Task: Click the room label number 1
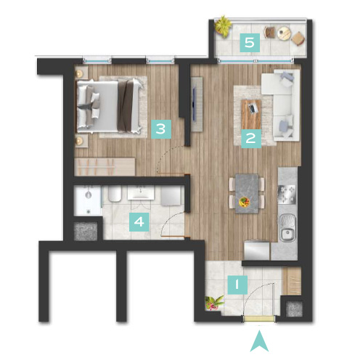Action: point(237,285)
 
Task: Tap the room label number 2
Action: point(251,139)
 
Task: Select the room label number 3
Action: point(161,129)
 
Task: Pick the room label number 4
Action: point(139,222)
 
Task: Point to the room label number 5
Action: point(250,43)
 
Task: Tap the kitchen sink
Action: point(287,227)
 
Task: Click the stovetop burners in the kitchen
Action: point(287,194)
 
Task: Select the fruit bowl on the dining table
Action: point(244,202)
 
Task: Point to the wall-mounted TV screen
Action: point(194,105)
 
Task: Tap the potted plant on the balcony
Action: point(223,26)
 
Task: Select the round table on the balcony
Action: point(284,33)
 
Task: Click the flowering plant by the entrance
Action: point(213,303)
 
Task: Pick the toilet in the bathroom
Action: point(115,194)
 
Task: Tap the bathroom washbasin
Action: point(141,192)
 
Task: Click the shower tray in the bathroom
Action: point(88,200)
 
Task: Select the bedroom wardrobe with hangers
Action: point(105,167)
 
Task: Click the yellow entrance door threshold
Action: point(259,319)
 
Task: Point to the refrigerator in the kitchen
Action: point(257,250)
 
